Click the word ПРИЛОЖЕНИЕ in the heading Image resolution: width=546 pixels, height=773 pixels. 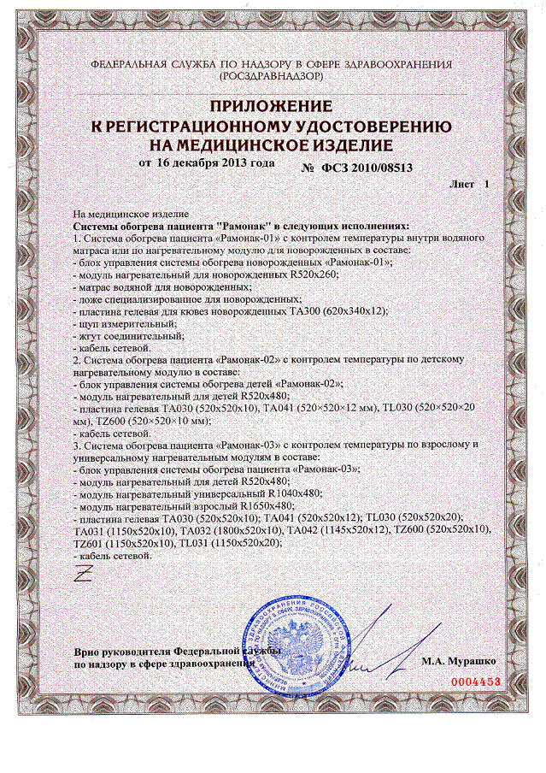pos(271,107)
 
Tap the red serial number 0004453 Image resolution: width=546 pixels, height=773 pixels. pos(473,682)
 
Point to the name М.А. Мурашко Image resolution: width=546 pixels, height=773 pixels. pos(457,661)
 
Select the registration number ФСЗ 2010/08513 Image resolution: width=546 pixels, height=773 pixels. pos(367,168)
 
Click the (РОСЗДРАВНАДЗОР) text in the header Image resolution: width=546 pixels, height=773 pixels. pos(272,76)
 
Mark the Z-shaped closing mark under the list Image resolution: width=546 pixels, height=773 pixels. pos(83,575)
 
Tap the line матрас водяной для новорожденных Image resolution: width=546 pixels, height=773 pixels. pos(141,287)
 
